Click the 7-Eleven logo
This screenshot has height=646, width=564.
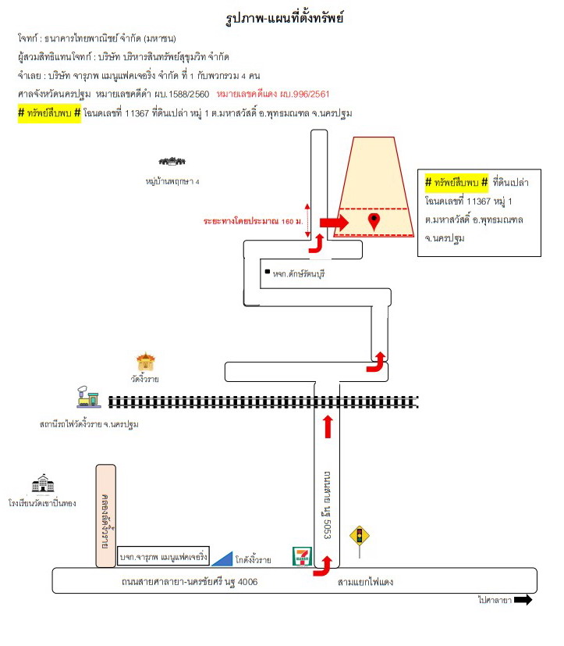[303, 556]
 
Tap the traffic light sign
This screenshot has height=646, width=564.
[360, 537]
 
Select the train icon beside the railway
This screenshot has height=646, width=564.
[88, 397]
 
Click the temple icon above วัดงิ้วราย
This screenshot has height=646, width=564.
[146, 362]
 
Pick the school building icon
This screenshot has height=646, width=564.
[43, 484]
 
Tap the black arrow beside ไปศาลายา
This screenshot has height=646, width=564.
[523, 600]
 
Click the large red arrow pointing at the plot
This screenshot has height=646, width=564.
[334, 223]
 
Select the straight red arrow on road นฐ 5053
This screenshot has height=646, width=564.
[328, 427]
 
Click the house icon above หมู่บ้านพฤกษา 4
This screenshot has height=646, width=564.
[172, 161]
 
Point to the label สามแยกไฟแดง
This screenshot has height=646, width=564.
[365, 582]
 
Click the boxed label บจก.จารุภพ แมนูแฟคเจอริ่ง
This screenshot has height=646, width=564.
[163, 557]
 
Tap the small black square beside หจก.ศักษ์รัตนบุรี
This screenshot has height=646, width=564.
[268, 272]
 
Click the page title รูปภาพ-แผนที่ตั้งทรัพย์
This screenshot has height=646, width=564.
[285, 18]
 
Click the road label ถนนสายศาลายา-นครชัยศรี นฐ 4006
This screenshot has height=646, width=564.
[190, 582]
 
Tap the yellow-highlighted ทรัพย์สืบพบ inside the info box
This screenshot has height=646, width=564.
[456, 182]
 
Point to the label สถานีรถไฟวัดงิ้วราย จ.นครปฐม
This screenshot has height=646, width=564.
[89, 424]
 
